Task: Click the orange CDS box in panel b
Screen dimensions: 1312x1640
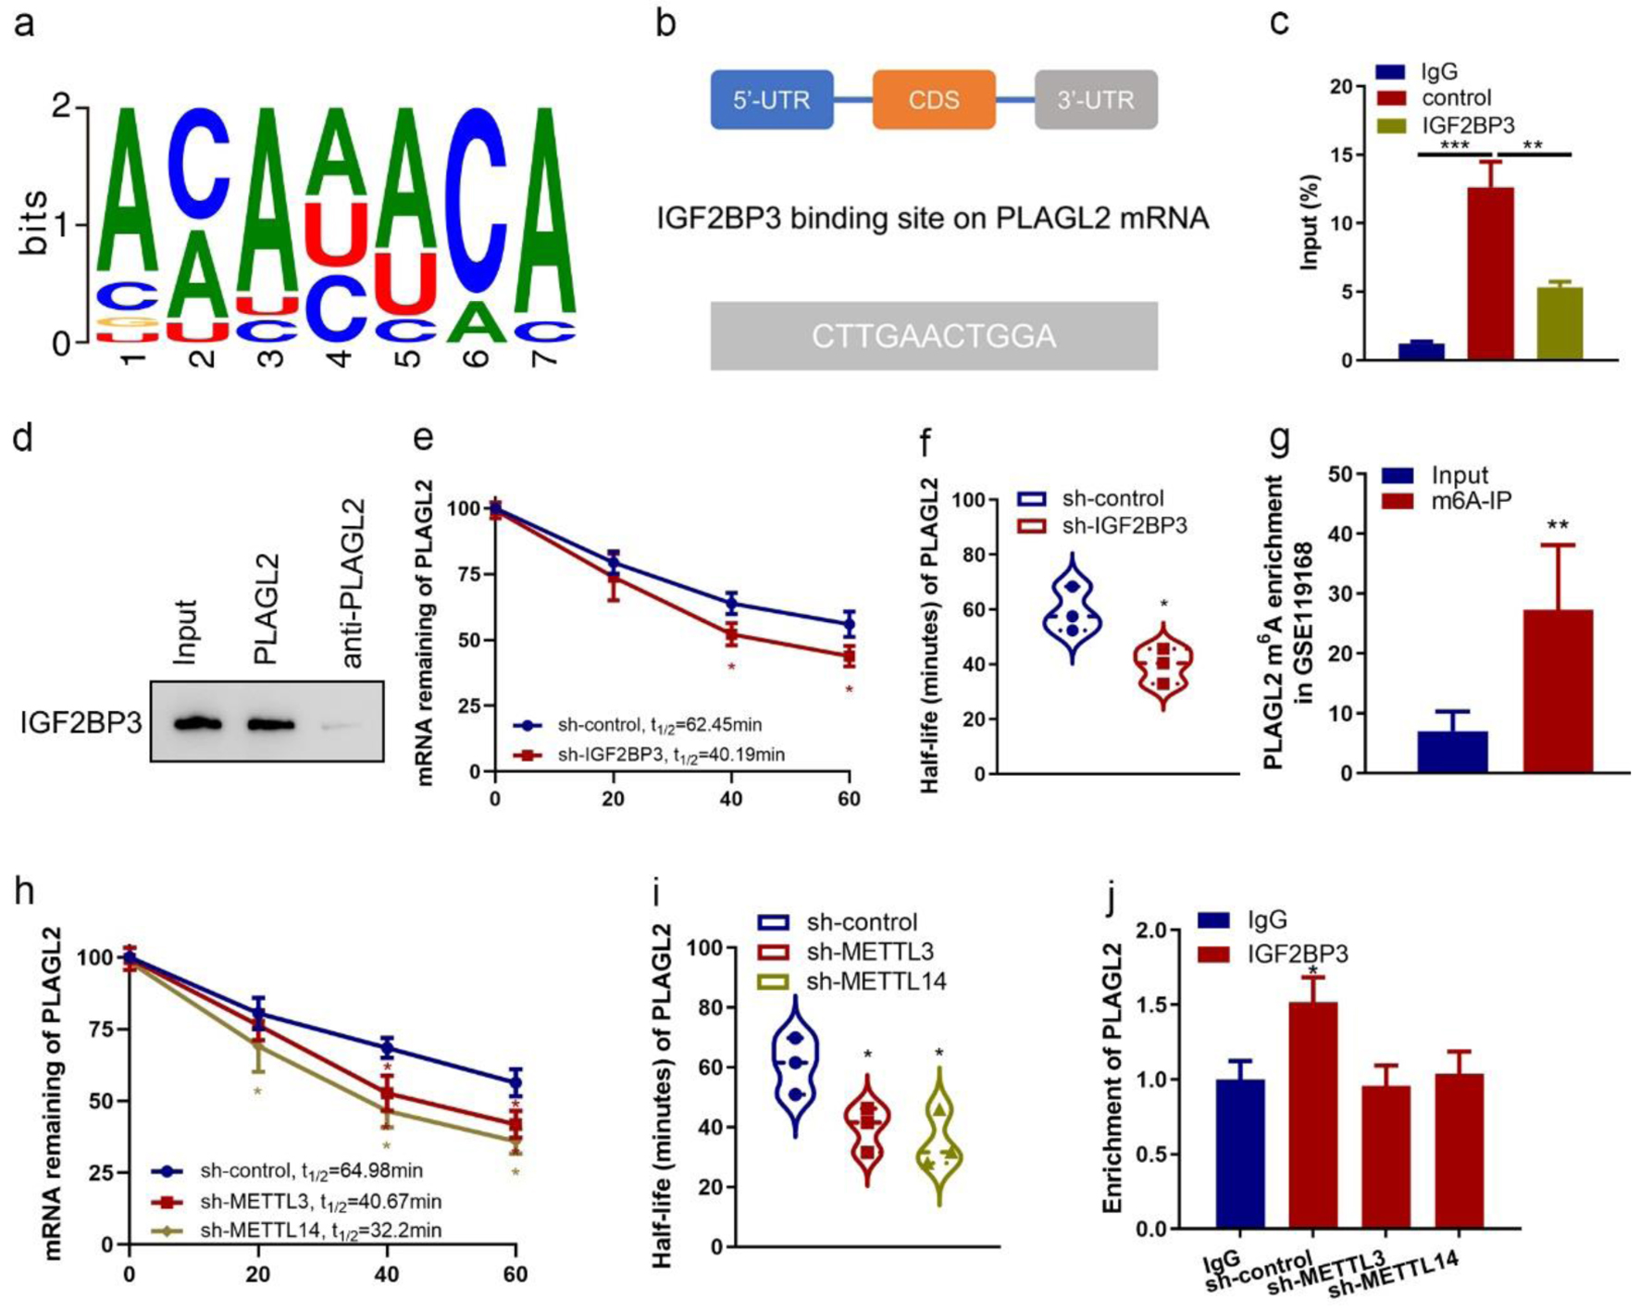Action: [933, 100]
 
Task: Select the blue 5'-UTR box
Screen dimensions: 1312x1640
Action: [771, 100]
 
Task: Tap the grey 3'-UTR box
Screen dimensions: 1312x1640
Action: [1096, 100]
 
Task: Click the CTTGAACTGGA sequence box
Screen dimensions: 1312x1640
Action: [934, 336]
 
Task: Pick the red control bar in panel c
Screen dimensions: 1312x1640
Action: [1490, 273]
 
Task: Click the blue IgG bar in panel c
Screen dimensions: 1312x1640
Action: [1421, 351]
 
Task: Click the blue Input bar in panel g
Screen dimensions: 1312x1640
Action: [1452, 752]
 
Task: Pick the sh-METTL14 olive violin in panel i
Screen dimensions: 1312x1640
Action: [940, 1143]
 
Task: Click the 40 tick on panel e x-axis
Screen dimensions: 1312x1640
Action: [731, 799]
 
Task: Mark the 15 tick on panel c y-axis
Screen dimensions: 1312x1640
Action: [1342, 155]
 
